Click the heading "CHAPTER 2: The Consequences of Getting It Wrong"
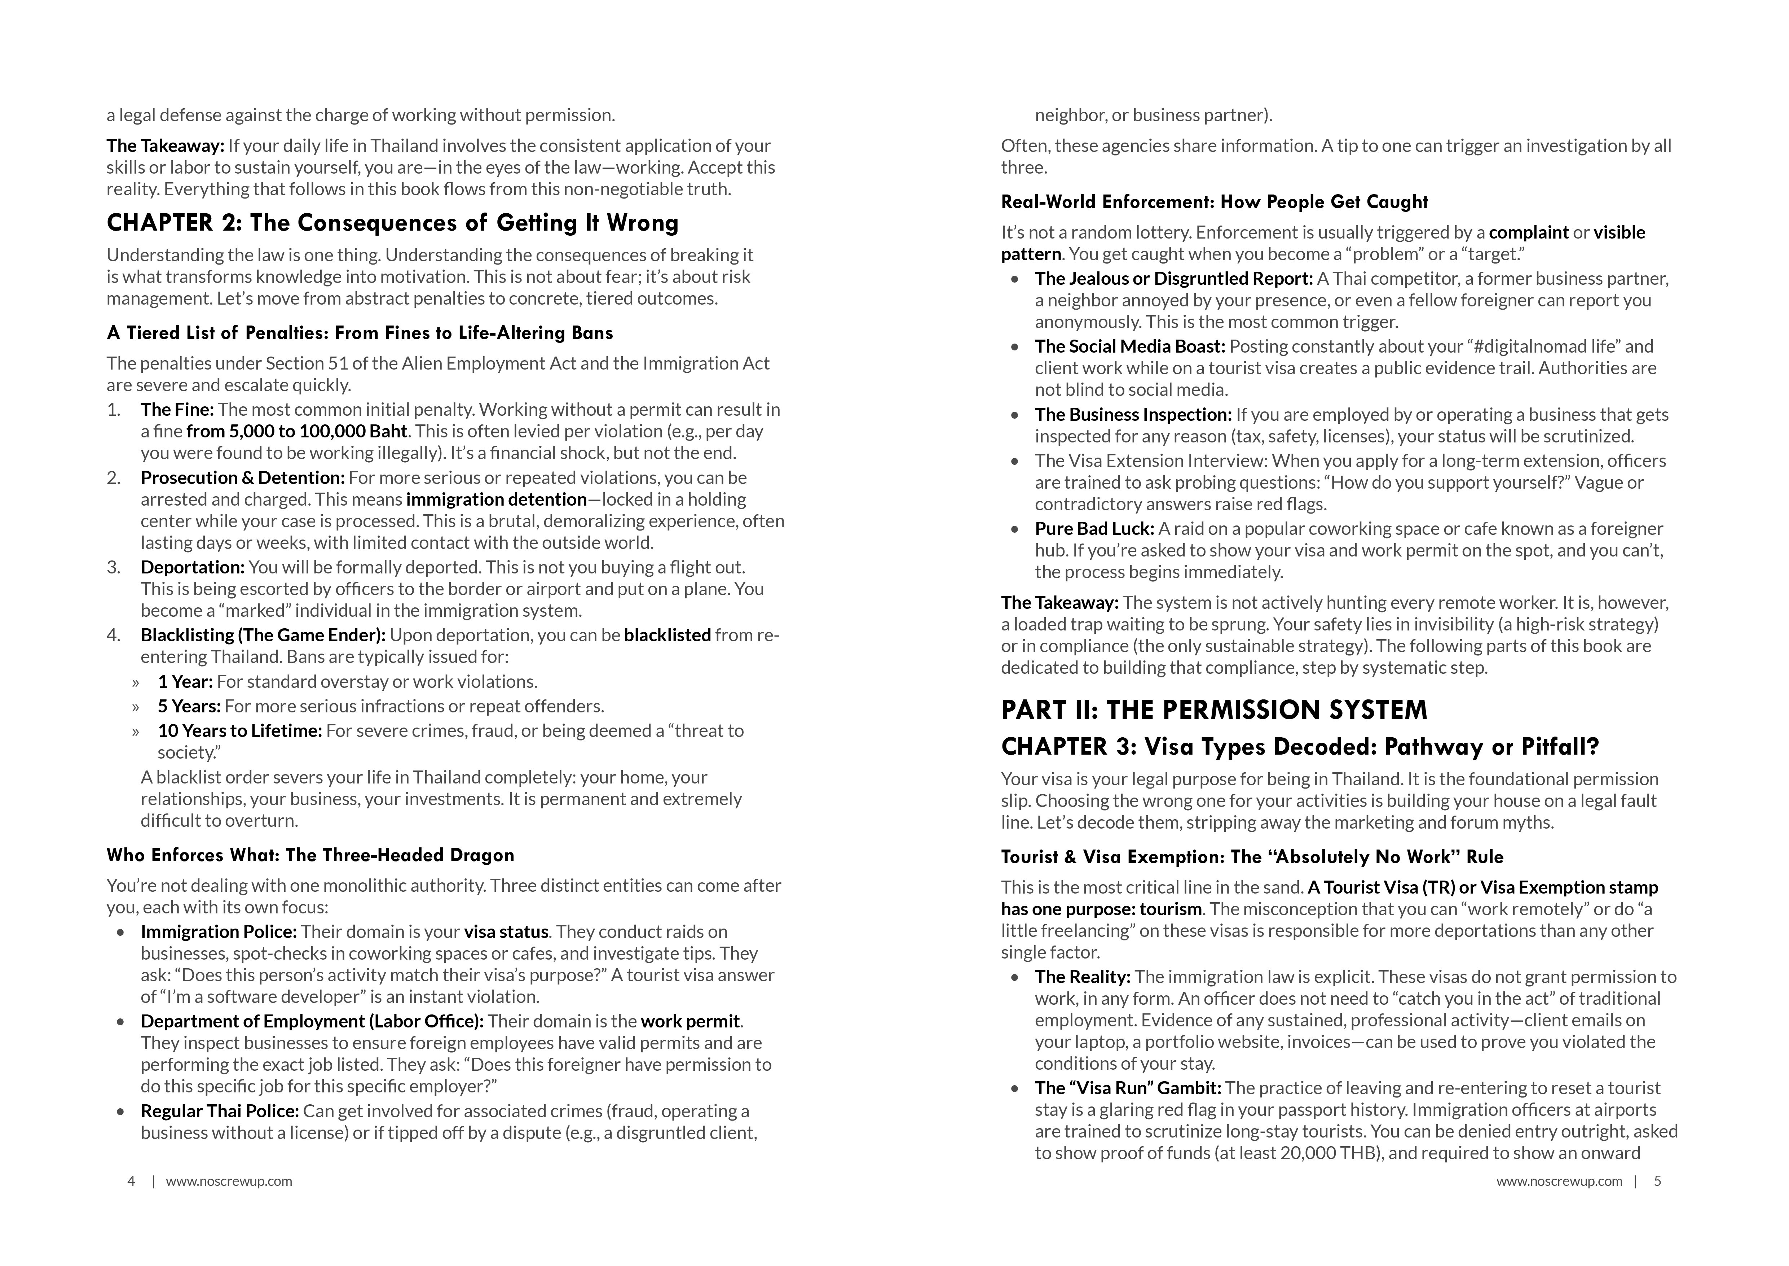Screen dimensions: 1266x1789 coord(392,224)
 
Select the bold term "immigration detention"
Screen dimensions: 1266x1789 coord(496,500)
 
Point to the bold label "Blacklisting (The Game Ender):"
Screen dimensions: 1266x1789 coord(263,635)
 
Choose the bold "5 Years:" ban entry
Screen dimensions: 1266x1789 coord(189,706)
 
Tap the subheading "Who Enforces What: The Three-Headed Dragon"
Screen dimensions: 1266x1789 coord(310,855)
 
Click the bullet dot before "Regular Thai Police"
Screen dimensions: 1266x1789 coord(120,1112)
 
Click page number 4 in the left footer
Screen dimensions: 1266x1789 coord(131,1181)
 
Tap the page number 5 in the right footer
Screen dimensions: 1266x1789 coord(1657,1181)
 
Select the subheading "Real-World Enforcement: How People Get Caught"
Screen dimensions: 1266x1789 coord(1214,202)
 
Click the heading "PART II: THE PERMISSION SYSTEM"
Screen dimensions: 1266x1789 coord(1214,710)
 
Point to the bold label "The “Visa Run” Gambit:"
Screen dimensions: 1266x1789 coord(1128,1088)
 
